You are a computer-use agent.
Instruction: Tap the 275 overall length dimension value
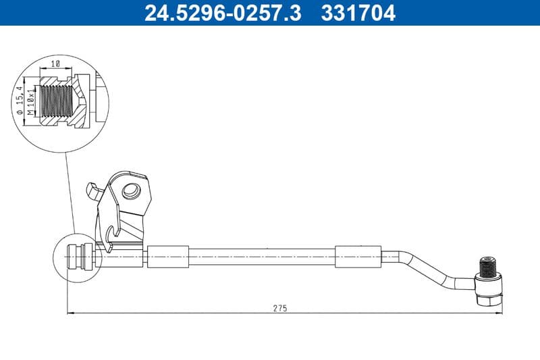280,308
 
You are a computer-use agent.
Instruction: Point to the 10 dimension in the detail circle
56,63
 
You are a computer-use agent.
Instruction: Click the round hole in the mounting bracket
130,191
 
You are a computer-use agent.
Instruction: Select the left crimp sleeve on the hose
168,257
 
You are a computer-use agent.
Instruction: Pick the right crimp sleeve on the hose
358,257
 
